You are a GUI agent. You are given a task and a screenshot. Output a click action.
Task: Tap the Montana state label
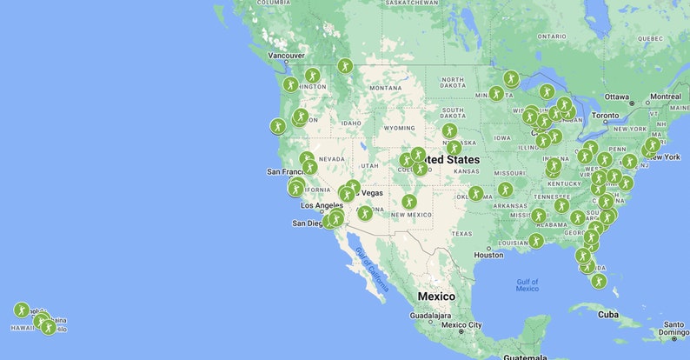click(x=385, y=88)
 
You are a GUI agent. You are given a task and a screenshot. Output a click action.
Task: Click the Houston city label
click(x=489, y=255)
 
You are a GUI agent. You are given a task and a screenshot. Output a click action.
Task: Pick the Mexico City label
click(x=461, y=325)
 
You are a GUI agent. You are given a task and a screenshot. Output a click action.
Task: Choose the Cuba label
click(x=607, y=314)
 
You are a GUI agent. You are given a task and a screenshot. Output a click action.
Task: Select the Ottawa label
click(x=616, y=96)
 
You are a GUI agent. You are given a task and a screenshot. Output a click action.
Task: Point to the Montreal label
click(x=665, y=96)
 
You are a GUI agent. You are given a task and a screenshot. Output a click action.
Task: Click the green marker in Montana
click(x=345, y=66)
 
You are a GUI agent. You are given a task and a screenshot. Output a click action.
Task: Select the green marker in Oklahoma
click(x=475, y=193)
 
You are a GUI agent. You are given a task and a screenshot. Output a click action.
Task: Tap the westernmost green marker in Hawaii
click(x=22, y=310)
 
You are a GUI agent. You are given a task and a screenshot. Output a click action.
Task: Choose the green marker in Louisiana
click(x=535, y=240)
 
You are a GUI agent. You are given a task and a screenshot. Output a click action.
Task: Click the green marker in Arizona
click(x=365, y=213)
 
